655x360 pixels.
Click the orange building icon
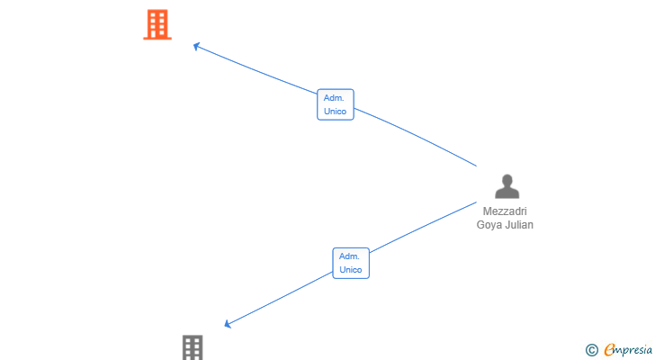[157, 24]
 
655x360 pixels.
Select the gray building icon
[193, 347]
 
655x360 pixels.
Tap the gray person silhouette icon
[507, 186]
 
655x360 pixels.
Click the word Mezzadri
[505, 211]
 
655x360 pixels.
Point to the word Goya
[489, 225]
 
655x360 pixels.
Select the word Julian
[519, 225]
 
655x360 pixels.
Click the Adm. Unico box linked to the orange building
[336, 104]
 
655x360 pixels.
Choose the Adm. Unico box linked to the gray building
[351, 263]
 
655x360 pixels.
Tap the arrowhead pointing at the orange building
[196, 46]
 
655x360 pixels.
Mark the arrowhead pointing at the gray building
[228, 324]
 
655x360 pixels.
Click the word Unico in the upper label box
[335, 112]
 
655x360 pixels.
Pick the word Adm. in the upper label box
[334, 98]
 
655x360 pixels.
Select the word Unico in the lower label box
[351, 270]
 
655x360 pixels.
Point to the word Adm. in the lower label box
[349, 256]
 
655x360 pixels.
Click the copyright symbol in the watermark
[591, 350]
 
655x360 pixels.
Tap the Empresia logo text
[628, 350]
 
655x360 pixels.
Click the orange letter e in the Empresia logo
[610, 349]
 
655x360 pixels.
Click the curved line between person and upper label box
[417, 135]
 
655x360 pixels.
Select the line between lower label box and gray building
[280, 298]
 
